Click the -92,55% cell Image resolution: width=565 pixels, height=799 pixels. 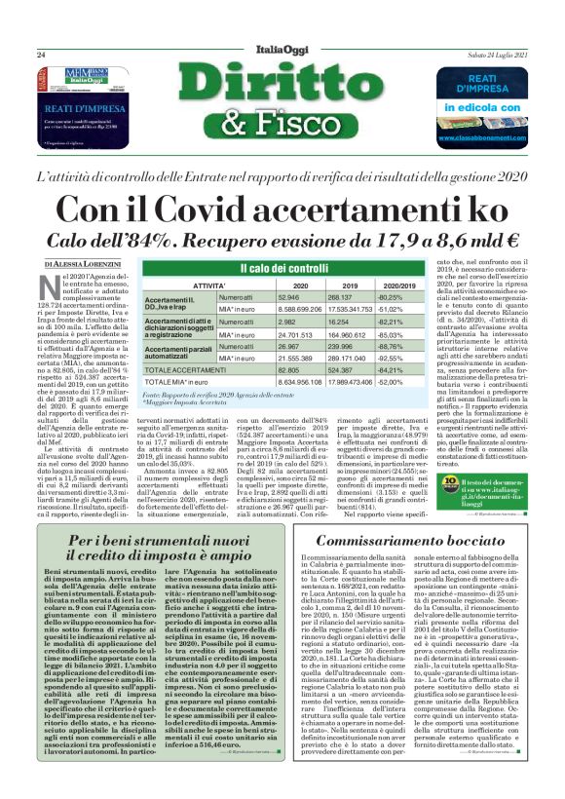[x=391, y=359]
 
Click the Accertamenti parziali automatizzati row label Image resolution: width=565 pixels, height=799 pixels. [x=179, y=352]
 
